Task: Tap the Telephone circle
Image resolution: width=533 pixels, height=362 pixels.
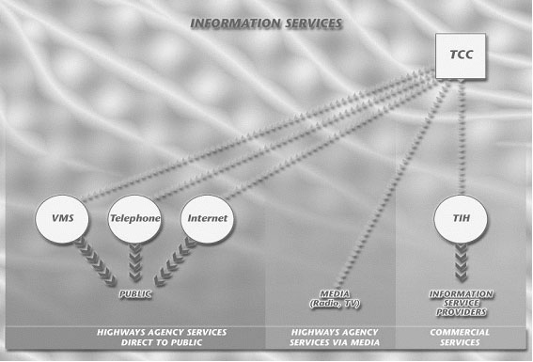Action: pos(134,219)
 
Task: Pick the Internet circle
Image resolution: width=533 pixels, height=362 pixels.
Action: pos(207,219)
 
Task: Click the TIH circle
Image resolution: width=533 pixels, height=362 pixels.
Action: pos(461,219)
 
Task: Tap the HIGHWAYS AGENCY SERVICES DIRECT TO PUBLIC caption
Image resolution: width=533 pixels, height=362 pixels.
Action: pos(162,338)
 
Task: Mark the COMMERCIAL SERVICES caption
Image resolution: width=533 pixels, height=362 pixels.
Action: pos(461,338)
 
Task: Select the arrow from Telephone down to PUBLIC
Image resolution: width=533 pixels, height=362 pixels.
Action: pos(134,261)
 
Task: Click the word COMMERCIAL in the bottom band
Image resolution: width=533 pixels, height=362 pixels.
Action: pos(461,332)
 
